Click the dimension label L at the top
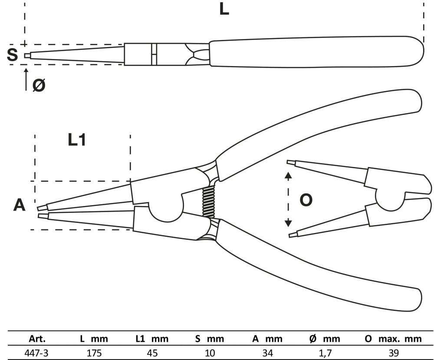tap(224, 10)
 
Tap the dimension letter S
tap(13, 55)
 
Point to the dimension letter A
tap(19, 205)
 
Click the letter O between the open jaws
tap(306, 200)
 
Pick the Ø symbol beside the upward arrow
tap(39, 85)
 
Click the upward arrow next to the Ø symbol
tap(26, 79)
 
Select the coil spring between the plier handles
tap(209, 203)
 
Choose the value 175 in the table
tap(94, 353)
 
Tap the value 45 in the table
tap(152, 353)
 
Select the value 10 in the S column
tap(210, 353)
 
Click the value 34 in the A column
tap(267, 353)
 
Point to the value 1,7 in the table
tap(325, 353)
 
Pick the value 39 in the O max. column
tap(394, 353)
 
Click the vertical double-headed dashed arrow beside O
tap(288, 199)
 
